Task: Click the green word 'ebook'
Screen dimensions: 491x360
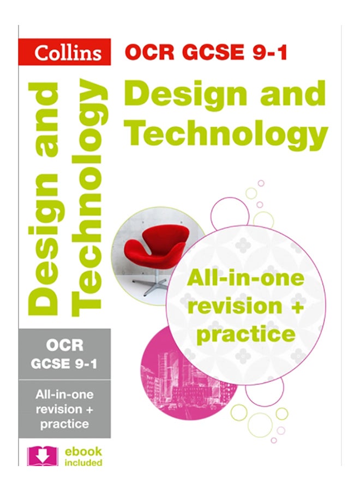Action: [81, 452]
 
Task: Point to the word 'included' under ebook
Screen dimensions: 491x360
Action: [81, 463]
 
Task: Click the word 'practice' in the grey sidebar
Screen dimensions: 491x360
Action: [64, 423]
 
